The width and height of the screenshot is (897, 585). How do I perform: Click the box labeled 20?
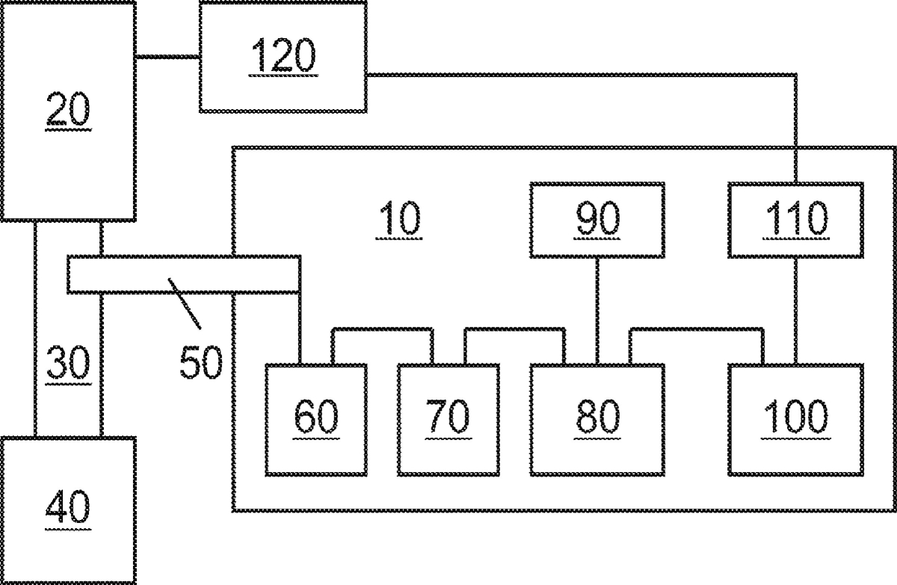click(x=67, y=110)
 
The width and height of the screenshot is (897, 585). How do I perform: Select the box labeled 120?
click(x=283, y=57)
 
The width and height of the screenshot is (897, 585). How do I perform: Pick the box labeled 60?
click(x=316, y=419)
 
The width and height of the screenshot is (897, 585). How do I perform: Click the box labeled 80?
click(x=597, y=419)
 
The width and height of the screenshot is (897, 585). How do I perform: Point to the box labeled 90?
click(x=597, y=220)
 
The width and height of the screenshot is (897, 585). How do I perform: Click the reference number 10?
click(x=399, y=220)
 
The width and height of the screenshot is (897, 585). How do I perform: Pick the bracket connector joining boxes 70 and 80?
click(x=514, y=329)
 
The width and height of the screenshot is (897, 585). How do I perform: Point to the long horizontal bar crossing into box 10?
click(x=184, y=275)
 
